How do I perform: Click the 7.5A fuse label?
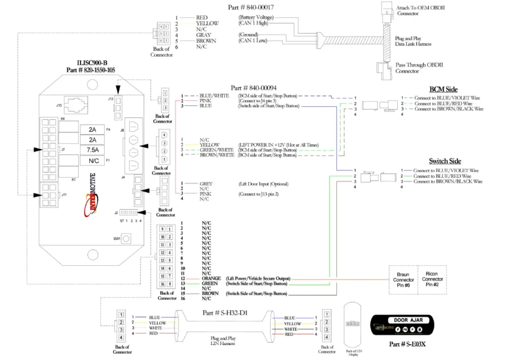tap(93, 150)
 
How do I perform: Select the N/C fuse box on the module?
tap(93, 161)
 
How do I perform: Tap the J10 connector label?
tap(59, 106)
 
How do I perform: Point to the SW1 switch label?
tap(116, 239)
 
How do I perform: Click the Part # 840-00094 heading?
tap(254, 88)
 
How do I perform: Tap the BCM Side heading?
tap(444, 89)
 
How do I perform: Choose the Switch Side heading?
tap(445, 161)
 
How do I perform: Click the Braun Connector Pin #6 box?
tap(403, 280)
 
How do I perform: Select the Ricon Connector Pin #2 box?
tap(433, 280)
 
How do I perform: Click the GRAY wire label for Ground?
tap(204, 35)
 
